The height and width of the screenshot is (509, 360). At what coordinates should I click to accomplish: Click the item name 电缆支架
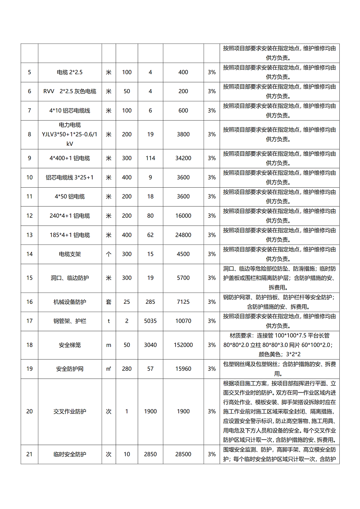coord(70,254)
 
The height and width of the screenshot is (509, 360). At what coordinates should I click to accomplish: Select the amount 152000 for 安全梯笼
coord(183,345)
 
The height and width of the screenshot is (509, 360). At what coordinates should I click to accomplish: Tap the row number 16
coord(30,302)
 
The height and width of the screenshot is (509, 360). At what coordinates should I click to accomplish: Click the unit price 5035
coord(150,321)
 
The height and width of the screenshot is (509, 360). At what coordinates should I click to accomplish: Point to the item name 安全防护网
coord(70,369)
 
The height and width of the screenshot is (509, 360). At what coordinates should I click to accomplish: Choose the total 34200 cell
coord(183,158)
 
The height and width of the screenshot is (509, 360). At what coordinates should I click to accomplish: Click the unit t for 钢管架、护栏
coord(108,321)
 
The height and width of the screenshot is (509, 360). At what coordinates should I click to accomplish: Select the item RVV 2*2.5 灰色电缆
coord(70,91)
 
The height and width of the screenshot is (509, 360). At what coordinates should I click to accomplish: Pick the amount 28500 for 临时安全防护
coord(183,455)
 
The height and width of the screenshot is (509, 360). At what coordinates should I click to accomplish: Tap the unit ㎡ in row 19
coord(108,369)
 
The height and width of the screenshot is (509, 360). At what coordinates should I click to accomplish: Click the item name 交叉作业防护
coord(70,412)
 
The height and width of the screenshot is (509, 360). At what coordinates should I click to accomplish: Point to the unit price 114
coord(150,158)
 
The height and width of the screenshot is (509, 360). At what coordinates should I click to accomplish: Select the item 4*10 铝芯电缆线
coord(70,111)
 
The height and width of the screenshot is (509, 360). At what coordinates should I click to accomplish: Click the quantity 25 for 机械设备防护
coord(127,302)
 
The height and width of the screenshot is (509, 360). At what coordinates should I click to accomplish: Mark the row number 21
coord(30,455)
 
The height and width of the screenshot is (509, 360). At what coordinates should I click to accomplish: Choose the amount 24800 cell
coord(183,235)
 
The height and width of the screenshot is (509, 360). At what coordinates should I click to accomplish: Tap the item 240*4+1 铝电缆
coord(70,216)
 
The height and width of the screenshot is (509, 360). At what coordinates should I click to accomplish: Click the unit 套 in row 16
coord(108,302)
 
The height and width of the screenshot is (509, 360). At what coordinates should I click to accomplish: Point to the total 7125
coord(183,302)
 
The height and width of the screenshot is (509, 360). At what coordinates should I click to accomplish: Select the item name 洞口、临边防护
coord(70,278)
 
